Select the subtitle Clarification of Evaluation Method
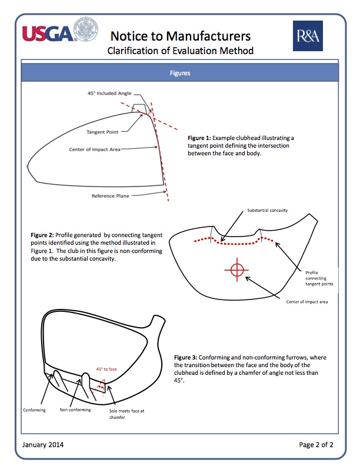tap(181, 51)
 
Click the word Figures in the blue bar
tap(180, 74)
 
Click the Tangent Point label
tap(103, 132)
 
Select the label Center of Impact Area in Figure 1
tap(95, 149)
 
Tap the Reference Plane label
tap(110, 196)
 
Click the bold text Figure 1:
tap(199, 137)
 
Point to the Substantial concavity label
tap(268, 210)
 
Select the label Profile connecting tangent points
tap(319, 278)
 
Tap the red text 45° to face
tap(106, 369)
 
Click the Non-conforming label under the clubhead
tap(75, 410)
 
